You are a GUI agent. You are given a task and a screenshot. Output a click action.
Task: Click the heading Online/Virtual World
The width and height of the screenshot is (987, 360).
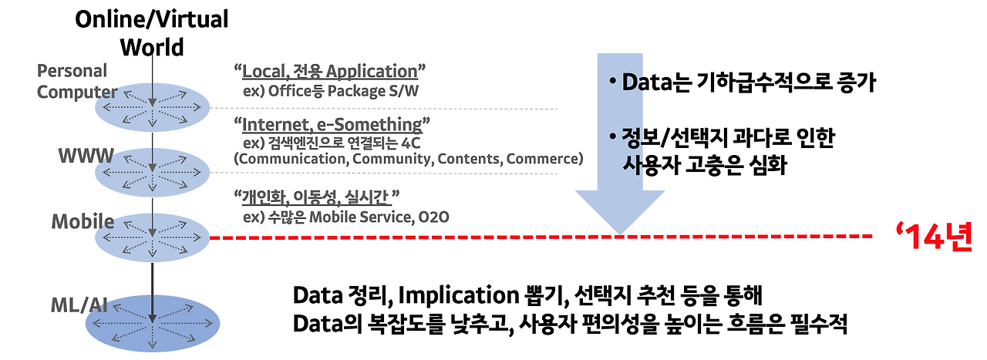coord(151,32)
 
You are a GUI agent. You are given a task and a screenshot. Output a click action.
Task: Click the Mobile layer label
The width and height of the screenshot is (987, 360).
coord(83,222)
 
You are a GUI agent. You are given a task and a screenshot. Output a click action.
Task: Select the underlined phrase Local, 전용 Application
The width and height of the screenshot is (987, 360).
coord(329,72)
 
